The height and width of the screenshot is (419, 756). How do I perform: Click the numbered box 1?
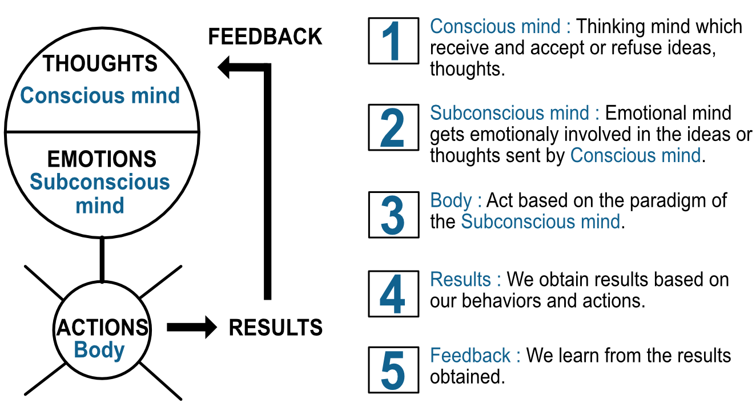click(393, 41)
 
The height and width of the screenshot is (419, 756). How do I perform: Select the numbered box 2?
click(393, 127)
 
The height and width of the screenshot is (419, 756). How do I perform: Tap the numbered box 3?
click(393, 214)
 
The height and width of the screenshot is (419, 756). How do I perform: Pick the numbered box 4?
click(393, 293)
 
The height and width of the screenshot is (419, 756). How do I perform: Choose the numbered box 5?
click(393, 369)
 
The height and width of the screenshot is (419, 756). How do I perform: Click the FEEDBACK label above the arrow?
click(265, 37)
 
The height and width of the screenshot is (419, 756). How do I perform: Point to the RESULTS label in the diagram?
click(276, 328)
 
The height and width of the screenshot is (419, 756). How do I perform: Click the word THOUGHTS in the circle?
click(100, 63)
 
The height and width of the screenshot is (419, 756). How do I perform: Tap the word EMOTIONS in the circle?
click(102, 159)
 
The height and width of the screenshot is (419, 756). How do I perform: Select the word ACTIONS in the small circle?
click(102, 328)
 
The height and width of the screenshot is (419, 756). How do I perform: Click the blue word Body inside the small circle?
click(99, 349)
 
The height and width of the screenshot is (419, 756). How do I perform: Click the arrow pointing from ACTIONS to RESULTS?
click(191, 328)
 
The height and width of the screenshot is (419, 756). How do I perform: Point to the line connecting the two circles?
click(102, 260)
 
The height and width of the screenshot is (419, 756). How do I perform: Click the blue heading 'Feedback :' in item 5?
click(475, 356)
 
